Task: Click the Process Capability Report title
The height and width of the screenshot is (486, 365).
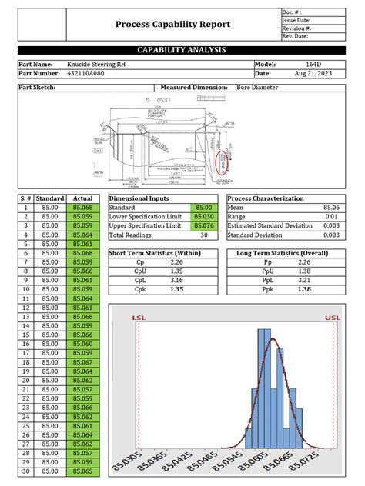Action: point(172,25)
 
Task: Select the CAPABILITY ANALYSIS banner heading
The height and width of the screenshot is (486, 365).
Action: point(182,50)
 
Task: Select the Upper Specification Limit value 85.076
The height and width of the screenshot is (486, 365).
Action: point(203,226)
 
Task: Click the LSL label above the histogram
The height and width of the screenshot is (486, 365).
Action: point(139,317)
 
